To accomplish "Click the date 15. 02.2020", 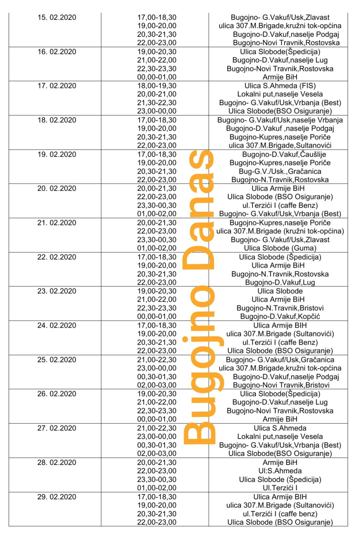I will (57, 17).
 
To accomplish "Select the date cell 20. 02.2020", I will (57, 188).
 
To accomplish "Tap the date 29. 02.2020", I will (57, 497).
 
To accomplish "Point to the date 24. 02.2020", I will (57, 325).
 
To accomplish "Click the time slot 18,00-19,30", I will (157, 86).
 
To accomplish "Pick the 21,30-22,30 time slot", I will (157, 103).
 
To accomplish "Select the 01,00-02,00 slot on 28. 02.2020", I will (157, 488).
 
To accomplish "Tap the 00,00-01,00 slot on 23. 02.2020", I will (157, 316).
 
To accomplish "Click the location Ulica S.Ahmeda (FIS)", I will (280, 86).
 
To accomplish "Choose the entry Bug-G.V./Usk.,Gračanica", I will (280, 171).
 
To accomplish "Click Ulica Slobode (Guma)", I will (280, 248).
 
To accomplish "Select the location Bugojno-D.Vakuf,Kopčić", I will (280, 316).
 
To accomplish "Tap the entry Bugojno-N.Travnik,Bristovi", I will (280, 308).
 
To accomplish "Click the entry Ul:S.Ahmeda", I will (280, 471).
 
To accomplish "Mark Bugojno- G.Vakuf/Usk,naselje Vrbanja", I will (280, 120).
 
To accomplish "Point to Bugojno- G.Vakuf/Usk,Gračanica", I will (280, 360).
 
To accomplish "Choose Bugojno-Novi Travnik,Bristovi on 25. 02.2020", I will (281, 385).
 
